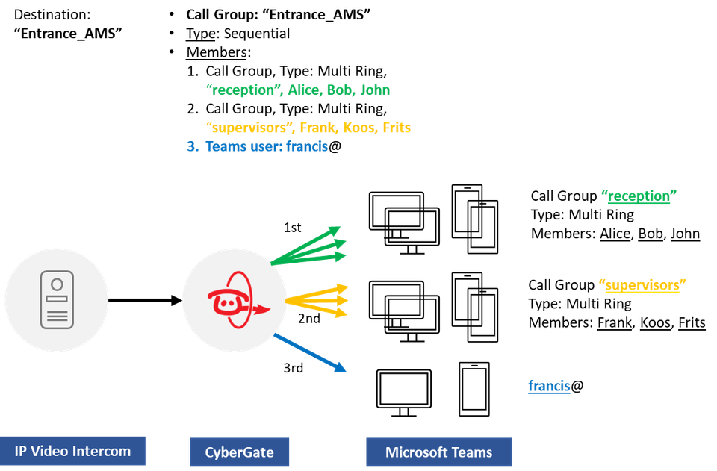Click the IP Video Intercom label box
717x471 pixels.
click(x=72, y=451)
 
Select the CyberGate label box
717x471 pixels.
click(x=239, y=452)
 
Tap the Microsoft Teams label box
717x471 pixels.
click(x=438, y=452)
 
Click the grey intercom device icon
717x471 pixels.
click(x=57, y=299)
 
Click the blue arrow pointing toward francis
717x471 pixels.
click(x=310, y=353)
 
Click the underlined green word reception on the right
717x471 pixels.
click(x=639, y=196)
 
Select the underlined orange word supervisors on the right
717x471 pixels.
click(x=642, y=284)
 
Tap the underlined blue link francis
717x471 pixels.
click(x=549, y=386)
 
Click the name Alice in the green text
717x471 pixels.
click(x=304, y=90)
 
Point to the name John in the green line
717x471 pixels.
click(x=376, y=90)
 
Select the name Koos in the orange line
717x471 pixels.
click(x=361, y=128)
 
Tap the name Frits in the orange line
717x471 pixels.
click(x=397, y=128)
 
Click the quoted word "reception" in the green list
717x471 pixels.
click(x=242, y=90)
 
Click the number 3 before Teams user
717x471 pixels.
click(x=192, y=147)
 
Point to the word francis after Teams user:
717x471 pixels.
click(x=307, y=147)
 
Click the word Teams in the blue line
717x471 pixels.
click(x=225, y=147)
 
